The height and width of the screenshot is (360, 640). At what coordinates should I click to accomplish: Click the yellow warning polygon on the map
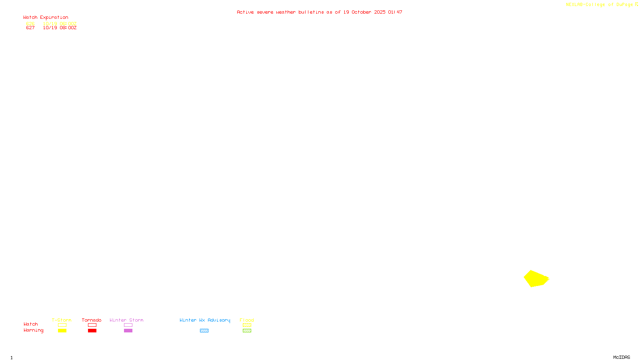click(536, 279)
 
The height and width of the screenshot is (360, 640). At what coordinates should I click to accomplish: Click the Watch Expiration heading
click(46, 18)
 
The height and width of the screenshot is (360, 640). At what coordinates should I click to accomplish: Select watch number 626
click(30, 24)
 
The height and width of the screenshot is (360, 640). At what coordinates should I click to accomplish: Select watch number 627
click(30, 28)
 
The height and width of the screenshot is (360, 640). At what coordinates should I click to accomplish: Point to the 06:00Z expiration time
click(68, 24)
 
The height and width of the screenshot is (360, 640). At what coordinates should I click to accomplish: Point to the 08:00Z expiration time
click(68, 28)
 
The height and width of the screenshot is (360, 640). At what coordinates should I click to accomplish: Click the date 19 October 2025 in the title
click(364, 12)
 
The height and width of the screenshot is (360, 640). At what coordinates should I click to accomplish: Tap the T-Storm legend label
click(62, 320)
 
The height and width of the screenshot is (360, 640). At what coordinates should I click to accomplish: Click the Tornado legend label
click(92, 320)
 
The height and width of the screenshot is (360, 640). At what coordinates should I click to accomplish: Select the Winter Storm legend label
click(126, 320)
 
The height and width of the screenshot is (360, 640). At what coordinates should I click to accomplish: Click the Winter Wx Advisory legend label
click(205, 320)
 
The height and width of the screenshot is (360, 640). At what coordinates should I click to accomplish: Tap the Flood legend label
click(247, 320)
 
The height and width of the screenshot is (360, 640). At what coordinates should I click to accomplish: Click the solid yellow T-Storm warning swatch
click(62, 331)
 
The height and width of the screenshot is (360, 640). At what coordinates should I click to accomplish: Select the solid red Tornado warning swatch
click(92, 331)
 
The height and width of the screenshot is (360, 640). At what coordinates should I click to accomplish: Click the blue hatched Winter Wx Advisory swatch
click(204, 331)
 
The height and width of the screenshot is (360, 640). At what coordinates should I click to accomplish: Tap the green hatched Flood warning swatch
click(247, 331)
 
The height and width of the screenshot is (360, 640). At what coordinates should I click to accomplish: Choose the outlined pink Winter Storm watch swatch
click(128, 325)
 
